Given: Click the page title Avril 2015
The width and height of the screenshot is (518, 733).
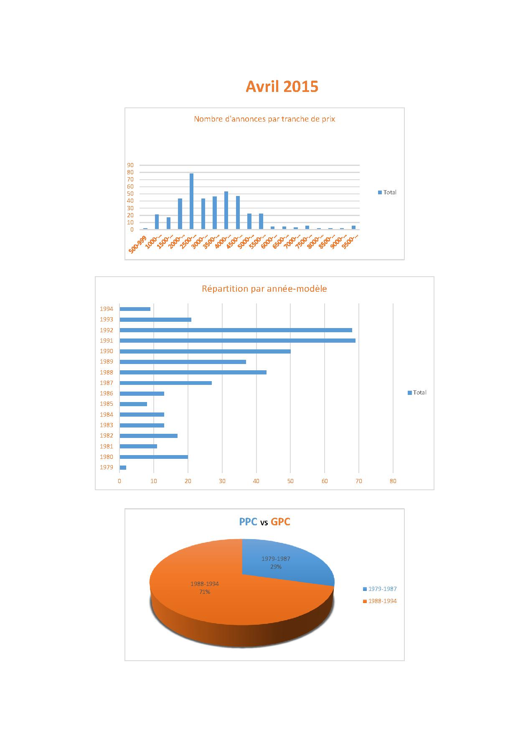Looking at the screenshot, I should click(282, 87).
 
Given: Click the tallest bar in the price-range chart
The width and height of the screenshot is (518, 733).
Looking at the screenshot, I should click(191, 201).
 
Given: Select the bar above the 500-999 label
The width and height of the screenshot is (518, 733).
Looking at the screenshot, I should click(145, 229).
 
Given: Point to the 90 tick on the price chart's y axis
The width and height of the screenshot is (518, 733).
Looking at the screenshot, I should click(130, 165).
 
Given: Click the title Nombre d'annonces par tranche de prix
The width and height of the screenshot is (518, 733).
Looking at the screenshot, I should click(264, 119).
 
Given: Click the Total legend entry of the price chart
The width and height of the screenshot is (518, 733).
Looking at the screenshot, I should click(387, 192).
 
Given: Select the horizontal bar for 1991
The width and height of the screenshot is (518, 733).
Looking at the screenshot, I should click(237, 341).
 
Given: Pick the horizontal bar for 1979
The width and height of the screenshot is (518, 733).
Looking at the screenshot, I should click(123, 467).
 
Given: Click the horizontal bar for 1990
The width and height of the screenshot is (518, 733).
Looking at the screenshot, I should click(205, 351).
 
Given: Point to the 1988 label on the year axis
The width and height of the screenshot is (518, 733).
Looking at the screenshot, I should click(106, 372).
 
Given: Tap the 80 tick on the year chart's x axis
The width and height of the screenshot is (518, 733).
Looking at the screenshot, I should click(393, 481).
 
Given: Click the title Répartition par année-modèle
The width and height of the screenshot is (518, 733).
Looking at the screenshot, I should click(264, 289).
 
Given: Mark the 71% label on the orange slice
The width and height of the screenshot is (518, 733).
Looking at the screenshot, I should click(205, 592).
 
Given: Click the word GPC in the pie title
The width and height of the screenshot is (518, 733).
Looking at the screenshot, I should click(280, 522).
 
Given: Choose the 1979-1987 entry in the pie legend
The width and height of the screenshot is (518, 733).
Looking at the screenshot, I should click(380, 589).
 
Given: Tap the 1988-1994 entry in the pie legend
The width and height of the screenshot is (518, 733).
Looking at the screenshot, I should click(380, 601).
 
